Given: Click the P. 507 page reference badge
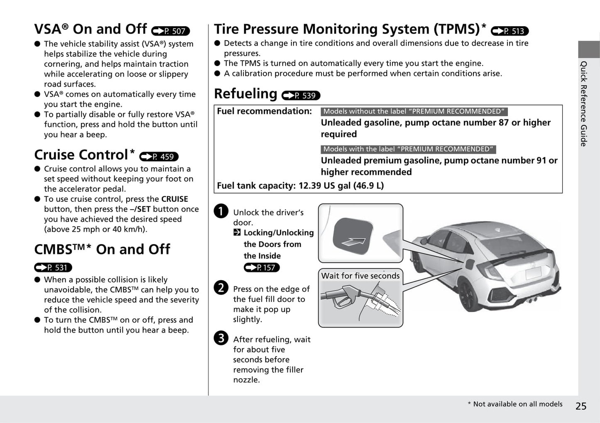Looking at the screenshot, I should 171,31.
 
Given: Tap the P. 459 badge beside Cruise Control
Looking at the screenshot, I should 159,157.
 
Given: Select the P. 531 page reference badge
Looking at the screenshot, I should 53,268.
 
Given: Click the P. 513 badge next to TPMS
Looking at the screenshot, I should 509,31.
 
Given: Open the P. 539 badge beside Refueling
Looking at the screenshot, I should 301,96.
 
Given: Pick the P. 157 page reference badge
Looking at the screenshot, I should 262,268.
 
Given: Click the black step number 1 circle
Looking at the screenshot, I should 221,211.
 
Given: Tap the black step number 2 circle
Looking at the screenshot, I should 221,287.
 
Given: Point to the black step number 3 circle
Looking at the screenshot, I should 221,338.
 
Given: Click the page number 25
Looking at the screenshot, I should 581,406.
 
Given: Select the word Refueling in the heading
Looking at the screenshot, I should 245,94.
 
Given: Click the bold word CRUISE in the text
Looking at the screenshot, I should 174,199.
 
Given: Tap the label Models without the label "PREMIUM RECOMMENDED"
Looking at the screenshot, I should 414,112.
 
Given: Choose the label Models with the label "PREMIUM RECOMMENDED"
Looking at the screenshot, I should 408,149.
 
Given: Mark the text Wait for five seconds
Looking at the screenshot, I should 360,276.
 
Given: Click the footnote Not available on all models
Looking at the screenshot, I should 515,404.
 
